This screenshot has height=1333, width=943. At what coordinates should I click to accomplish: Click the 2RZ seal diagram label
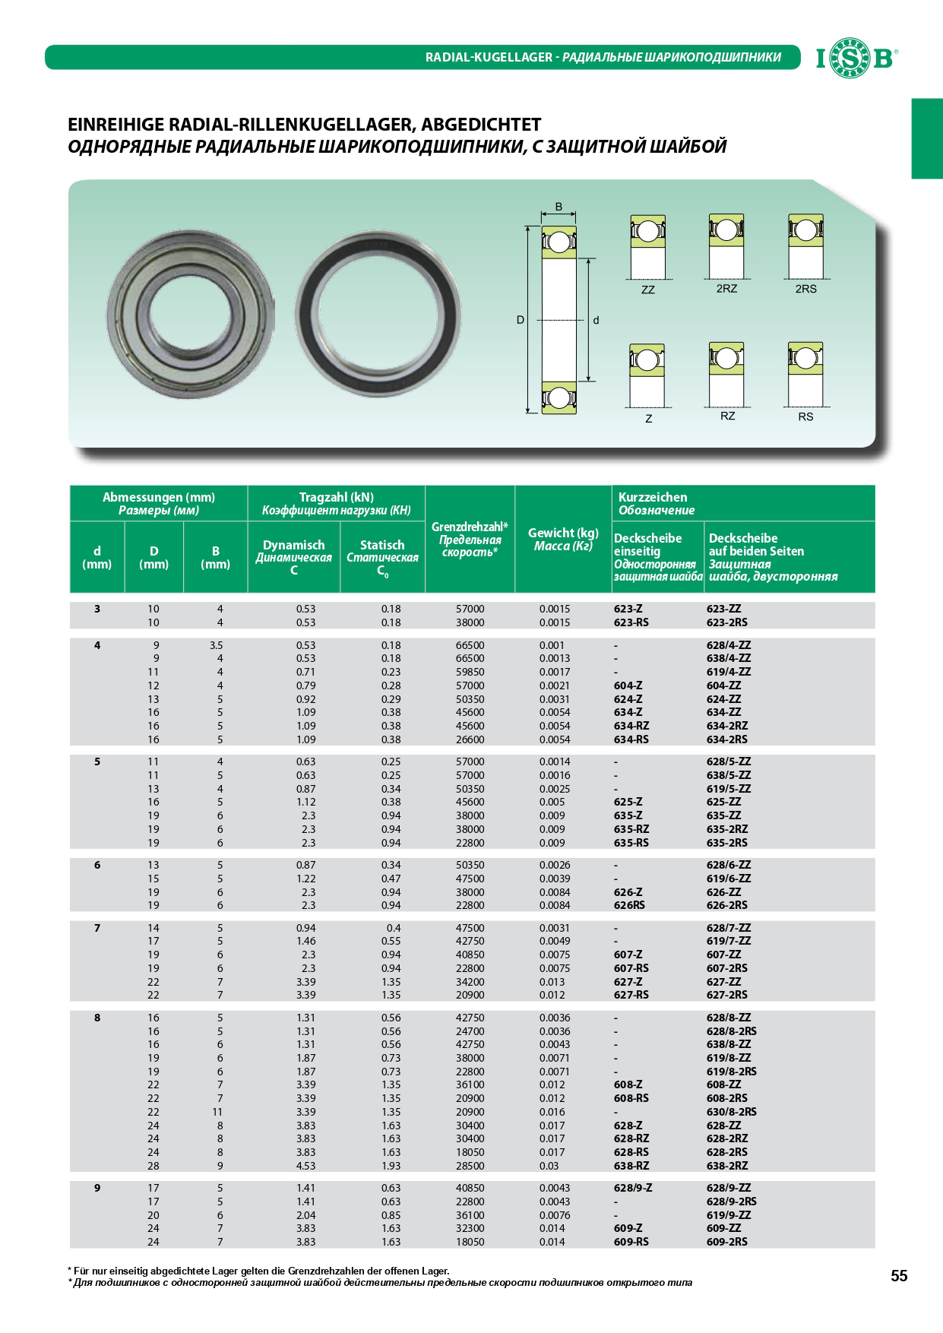[x=726, y=289]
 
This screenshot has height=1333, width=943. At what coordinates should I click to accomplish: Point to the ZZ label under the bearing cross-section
[x=647, y=290]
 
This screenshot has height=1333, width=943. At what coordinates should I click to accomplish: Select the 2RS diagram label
[x=805, y=289]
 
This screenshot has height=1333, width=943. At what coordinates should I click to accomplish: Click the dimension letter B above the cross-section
[x=559, y=207]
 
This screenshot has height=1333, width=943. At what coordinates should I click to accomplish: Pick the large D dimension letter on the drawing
[x=521, y=320]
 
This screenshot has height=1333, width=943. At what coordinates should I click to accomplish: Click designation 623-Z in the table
[x=628, y=609]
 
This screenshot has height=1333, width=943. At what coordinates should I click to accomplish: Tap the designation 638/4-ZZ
[x=728, y=658]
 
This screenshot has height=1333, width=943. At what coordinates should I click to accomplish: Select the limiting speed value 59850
[x=470, y=672]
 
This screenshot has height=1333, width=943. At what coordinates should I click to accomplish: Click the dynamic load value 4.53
[x=305, y=1166]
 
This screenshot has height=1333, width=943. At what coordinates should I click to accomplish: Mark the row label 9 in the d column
[x=97, y=1188]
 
